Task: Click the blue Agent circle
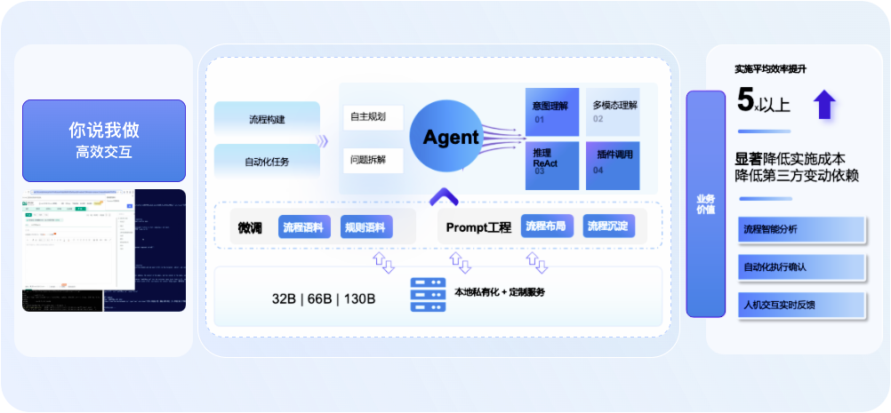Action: pyautogui.click(x=450, y=137)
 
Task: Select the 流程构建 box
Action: pyautogui.click(x=267, y=119)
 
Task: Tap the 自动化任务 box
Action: pyautogui.click(x=267, y=162)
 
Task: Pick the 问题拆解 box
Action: pyautogui.click(x=373, y=161)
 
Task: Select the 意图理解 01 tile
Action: pyautogui.click(x=552, y=111)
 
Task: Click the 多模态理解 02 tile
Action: pyautogui.click(x=613, y=111)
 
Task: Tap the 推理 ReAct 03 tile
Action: pyautogui.click(x=552, y=164)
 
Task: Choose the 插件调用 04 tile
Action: pyautogui.click(x=613, y=164)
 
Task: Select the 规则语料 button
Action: pyautogui.click(x=365, y=227)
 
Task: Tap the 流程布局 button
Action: pyautogui.click(x=547, y=226)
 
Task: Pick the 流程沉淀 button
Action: pyautogui.click(x=608, y=226)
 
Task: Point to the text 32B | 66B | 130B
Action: pyautogui.click(x=324, y=298)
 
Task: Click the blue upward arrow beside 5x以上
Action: pyautogui.click(x=825, y=104)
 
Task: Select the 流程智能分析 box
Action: pyautogui.click(x=801, y=229)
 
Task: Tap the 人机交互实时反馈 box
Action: pyautogui.click(x=801, y=305)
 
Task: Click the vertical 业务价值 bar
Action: pyautogui.click(x=705, y=203)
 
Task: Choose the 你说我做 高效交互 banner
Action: pyautogui.click(x=104, y=140)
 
